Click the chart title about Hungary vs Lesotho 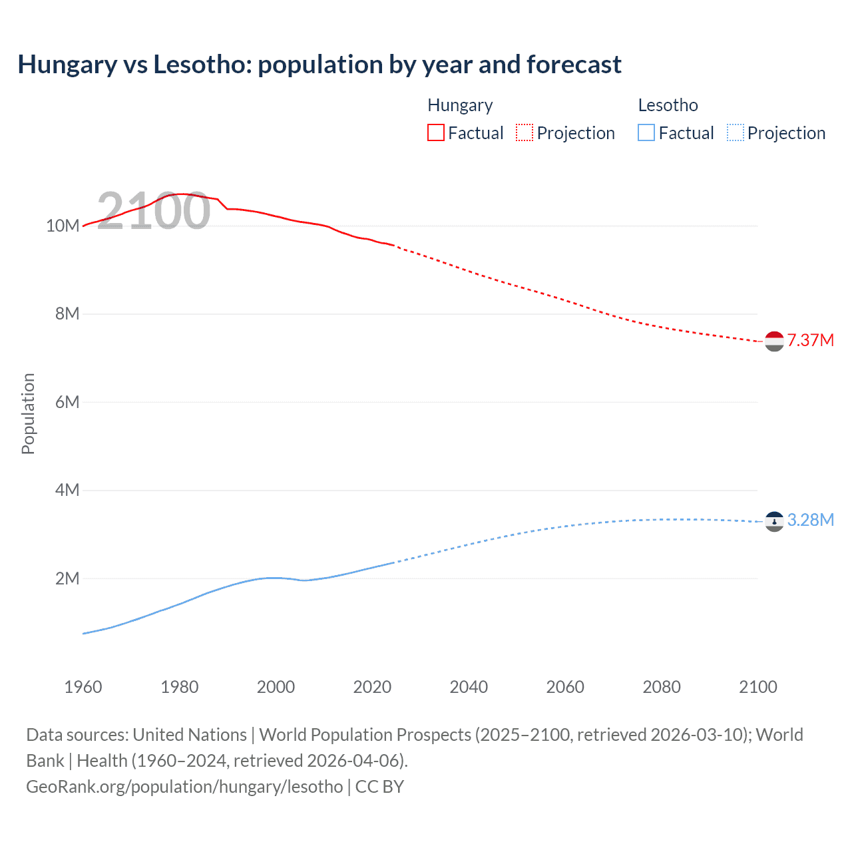click(x=319, y=65)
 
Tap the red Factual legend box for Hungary click(x=435, y=132)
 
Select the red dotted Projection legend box click(x=525, y=132)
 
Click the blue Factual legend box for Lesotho click(x=646, y=132)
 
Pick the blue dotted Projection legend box click(x=736, y=132)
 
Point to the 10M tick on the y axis click(x=63, y=226)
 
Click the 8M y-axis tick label click(x=67, y=314)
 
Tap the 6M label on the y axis click(x=67, y=402)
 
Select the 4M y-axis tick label click(x=67, y=490)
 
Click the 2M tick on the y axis click(x=67, y=578)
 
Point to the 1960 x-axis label click(x=83, y=687)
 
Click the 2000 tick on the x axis click(x=276, y=687)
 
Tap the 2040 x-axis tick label click(x=469, y=687)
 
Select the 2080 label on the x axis click(x=662, y=687)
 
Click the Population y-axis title click(x=28, y=413)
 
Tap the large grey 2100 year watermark click(x=154, y=211)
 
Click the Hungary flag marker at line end click(x=774, y=341)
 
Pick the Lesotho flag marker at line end click(x=774, y=521)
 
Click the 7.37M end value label click(x=811, y=340)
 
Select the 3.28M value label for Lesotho click(x=811, y=520)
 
